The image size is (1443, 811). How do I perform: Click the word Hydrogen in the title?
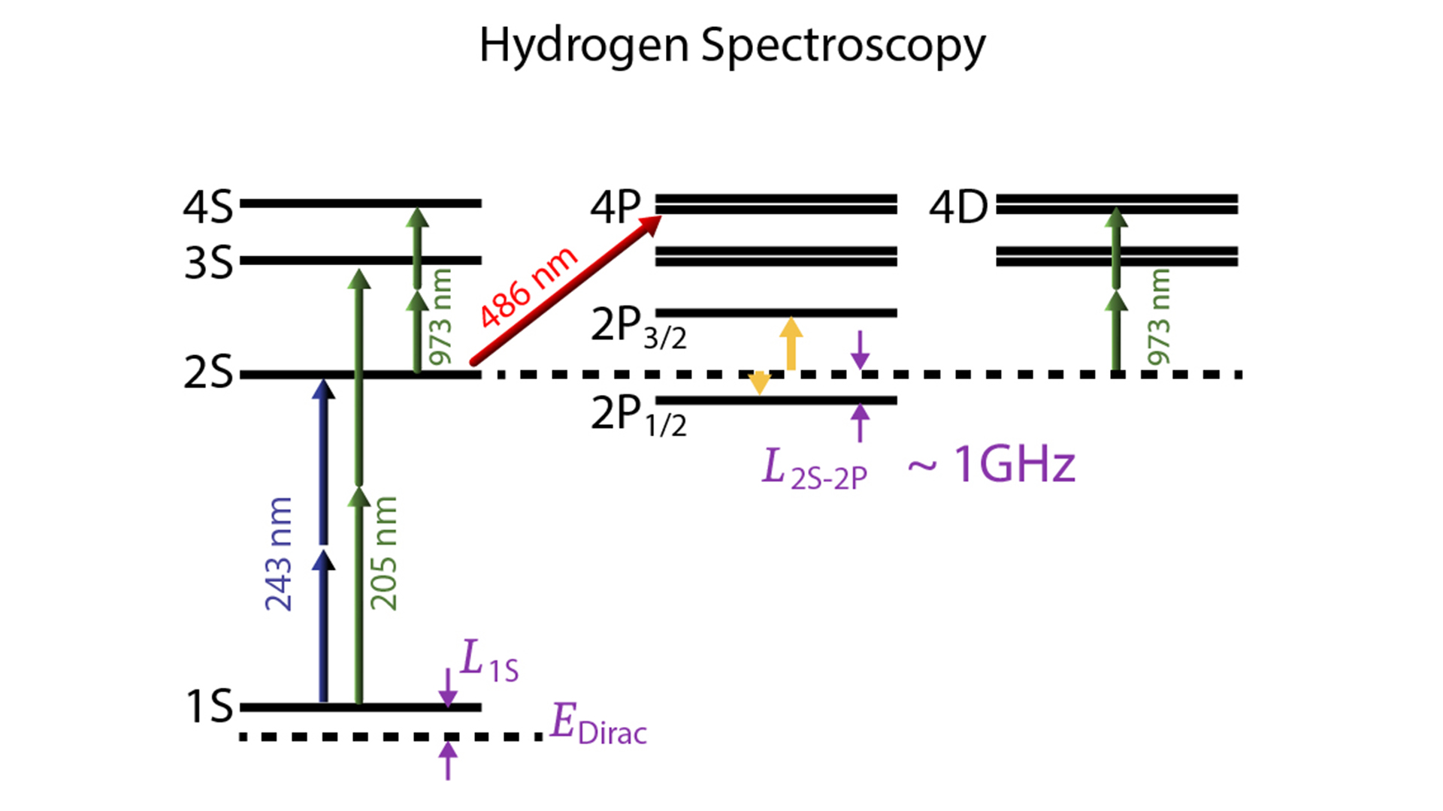pos(583,45)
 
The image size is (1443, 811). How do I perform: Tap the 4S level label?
pos(208,207)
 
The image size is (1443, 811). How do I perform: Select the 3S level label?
pos(208,264)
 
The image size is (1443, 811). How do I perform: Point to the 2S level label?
pos(208,372)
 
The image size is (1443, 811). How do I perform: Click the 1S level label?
pos(208,707)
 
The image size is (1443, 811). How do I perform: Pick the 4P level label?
pos(616,207)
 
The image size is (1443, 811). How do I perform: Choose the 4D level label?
pos(958,207)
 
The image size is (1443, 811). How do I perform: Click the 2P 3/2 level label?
pos(638,327)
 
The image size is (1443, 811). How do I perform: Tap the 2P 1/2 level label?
pos(638,415)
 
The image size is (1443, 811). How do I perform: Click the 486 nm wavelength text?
pos(528,287)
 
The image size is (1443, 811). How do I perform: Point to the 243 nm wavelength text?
pos(278,553)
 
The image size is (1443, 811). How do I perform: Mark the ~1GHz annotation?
pos(992,465)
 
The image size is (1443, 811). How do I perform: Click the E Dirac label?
pos(598,725)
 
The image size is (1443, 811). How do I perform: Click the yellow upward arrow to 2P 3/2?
pos(791,343)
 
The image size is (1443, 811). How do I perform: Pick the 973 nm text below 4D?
pos(1159,317)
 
